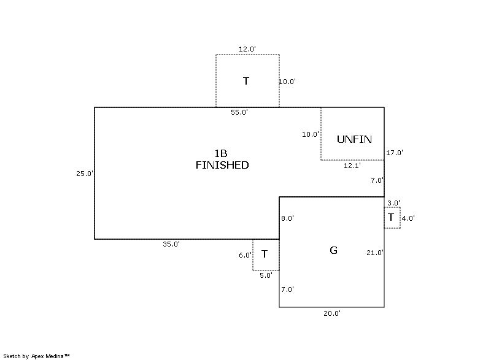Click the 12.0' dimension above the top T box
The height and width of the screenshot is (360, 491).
(247, 48)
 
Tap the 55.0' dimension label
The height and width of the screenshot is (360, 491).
(239, 112)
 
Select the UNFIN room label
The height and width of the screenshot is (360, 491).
(354, 139)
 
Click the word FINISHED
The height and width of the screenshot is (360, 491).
(222, 165)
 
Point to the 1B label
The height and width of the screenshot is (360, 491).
(221, 153)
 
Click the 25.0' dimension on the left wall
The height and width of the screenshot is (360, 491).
(85, 174)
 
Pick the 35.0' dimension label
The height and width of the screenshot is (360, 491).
(171, 244)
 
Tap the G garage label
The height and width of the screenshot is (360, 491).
(333, 250)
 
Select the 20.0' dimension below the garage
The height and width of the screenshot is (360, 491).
(332, 313)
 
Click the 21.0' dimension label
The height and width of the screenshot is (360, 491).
(375, 253)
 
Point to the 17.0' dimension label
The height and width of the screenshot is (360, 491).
(394, 153)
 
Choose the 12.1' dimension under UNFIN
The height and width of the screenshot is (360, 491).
(352, 165)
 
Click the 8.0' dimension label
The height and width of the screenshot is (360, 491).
(288, 218)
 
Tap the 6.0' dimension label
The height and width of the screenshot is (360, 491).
(245, 255)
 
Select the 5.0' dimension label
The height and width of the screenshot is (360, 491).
(266, 275)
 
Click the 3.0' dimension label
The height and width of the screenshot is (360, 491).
(393, 203)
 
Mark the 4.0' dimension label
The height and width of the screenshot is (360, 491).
(408, 218)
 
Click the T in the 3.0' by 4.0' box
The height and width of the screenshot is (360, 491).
(391, 217)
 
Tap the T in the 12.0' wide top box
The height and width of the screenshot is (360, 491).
(246, 81)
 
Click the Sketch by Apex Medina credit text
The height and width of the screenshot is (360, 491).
(36, 356)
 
